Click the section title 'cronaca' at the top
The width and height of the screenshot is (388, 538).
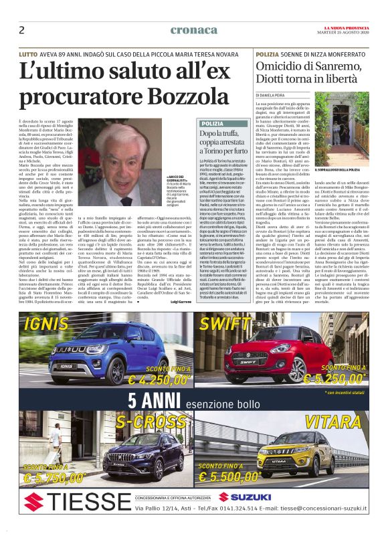193,30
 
